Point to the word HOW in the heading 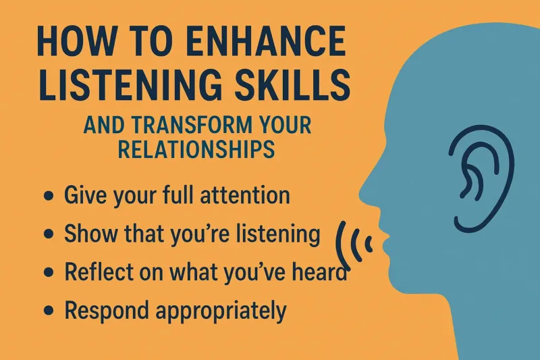click(61, 43)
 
